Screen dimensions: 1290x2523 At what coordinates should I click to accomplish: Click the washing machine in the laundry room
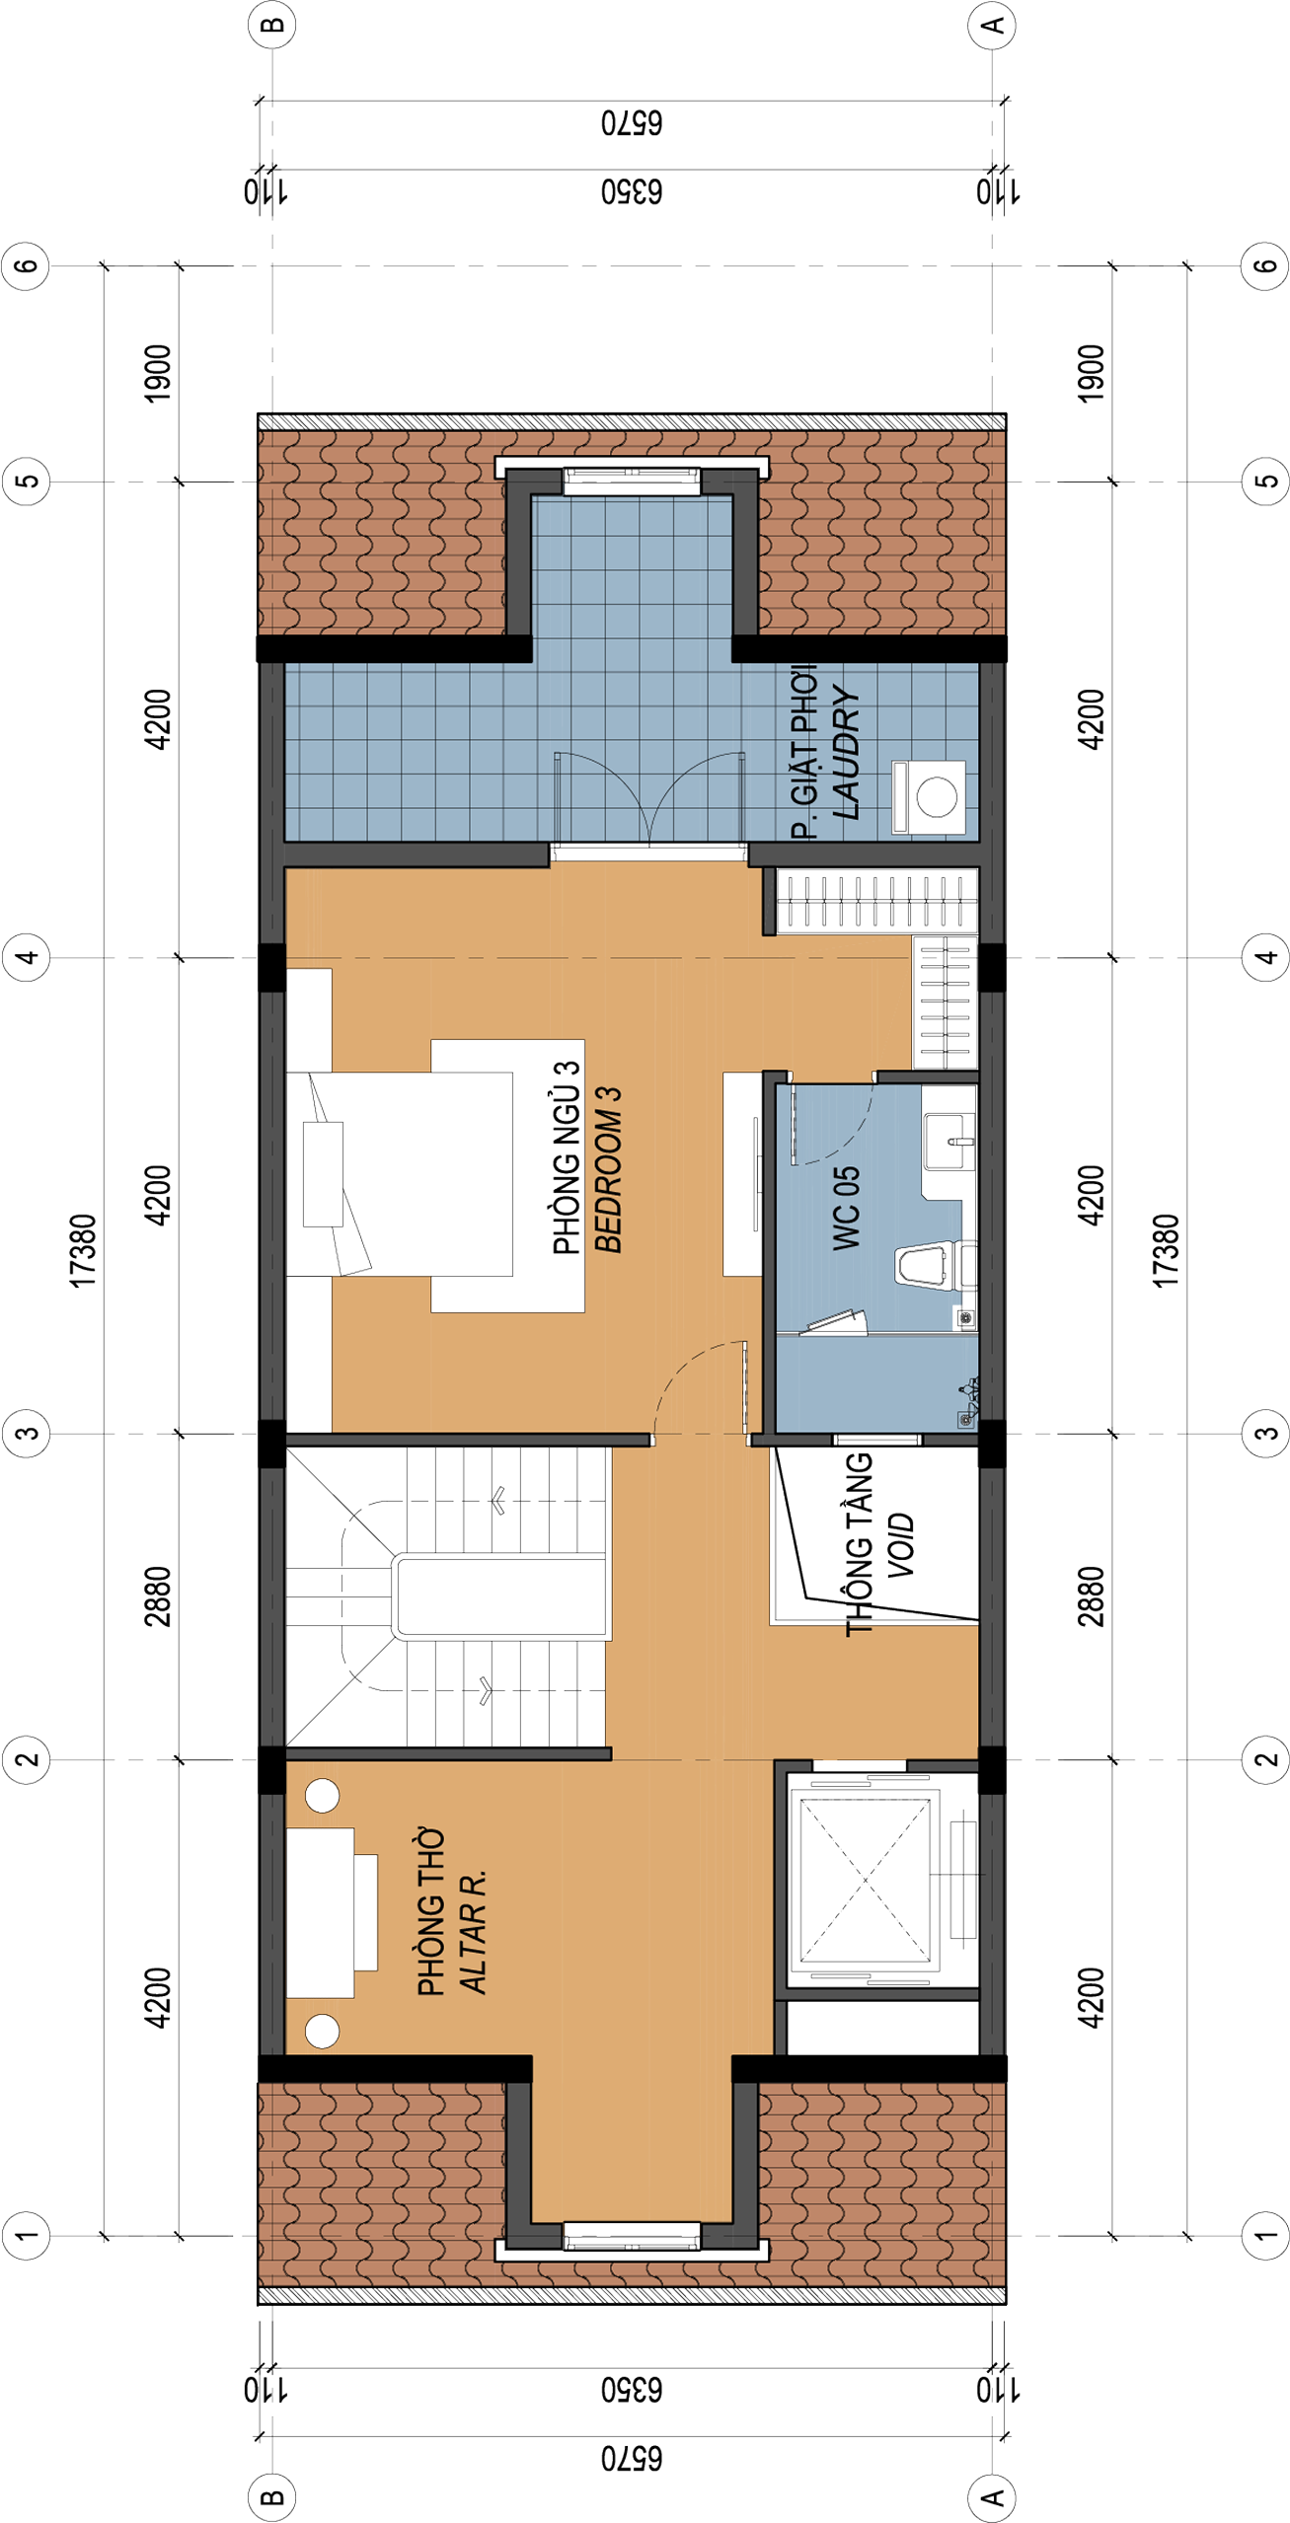tap(928, 795)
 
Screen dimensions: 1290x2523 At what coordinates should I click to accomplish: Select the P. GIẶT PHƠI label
tap(804, 752)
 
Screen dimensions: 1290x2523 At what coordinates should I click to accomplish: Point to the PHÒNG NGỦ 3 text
tap(567, 1157)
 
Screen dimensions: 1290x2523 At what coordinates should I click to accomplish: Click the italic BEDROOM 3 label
tap(608, 1169)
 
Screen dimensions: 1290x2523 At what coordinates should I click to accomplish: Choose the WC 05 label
tap(847, 1209)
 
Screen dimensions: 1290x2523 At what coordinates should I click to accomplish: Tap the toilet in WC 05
tap(928, 1265)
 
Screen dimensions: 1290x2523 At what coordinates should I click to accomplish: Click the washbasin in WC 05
tap(949, 1142)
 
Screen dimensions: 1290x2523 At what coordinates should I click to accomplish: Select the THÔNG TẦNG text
tap(859, 1544)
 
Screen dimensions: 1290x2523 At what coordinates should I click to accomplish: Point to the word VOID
tap(900, 1546)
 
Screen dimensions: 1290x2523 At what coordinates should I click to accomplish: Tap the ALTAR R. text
tap(473, 1930)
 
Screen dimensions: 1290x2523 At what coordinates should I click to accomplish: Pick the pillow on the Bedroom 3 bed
tap(323, 1174)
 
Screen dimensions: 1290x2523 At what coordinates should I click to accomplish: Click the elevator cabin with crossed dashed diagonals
tap(865, 1880)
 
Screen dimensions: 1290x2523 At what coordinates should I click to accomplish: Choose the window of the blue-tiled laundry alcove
tap(632, 482)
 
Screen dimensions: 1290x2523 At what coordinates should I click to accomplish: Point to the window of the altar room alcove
tap(632, 2236)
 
